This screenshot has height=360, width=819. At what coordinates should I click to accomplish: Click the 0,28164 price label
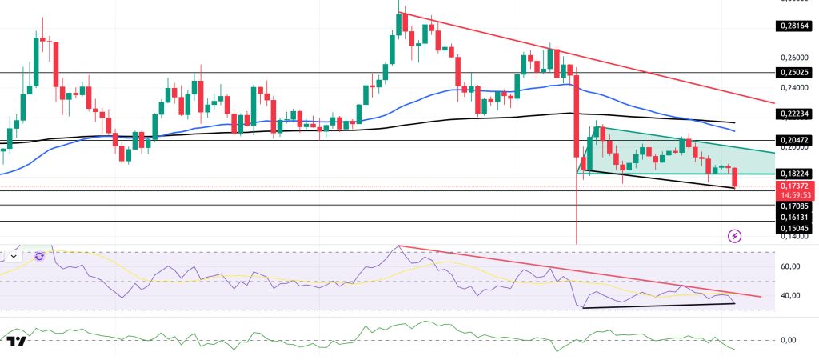793,26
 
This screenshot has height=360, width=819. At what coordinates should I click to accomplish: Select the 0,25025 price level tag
793,72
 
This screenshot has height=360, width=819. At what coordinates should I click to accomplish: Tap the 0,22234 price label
793,114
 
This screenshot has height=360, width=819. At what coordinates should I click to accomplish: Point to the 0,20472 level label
793,139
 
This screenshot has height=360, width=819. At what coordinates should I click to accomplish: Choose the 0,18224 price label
793,173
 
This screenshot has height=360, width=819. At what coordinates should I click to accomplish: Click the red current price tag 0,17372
793,186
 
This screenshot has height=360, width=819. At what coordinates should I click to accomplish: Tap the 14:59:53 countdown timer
793,194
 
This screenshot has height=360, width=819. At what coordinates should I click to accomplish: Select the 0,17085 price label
793,206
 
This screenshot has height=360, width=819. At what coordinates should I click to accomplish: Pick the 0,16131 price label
793,217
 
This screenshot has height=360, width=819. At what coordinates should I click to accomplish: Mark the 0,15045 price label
793,228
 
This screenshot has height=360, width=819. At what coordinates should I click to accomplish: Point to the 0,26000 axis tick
791,58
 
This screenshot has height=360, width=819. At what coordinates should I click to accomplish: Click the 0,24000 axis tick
791,88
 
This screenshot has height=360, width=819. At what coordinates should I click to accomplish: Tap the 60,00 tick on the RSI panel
790,266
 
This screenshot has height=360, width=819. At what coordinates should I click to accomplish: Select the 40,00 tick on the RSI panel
790,296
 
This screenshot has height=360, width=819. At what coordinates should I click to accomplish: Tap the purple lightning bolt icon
734,236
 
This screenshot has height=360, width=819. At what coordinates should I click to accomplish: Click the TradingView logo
17,342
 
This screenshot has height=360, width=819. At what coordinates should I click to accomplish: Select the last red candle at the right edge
735,178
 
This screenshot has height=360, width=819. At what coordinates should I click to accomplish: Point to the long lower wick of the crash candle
577,216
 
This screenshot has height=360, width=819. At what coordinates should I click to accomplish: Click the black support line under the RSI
660,306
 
